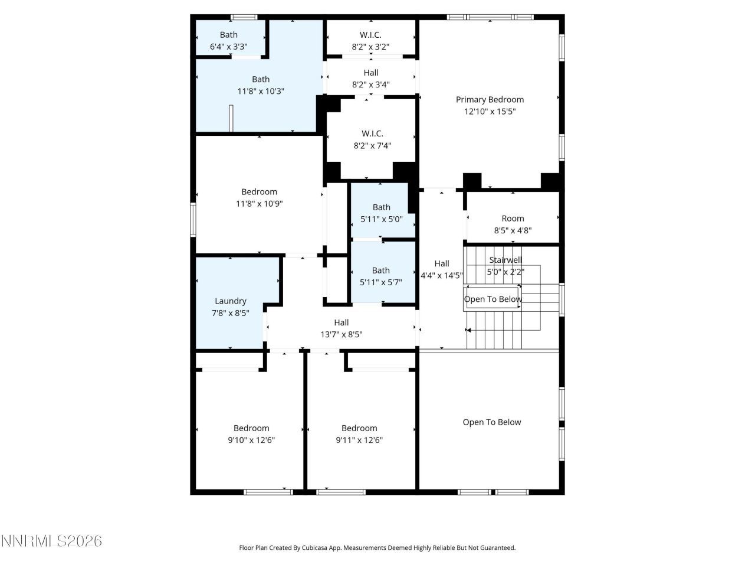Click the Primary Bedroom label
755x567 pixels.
pos(490,100)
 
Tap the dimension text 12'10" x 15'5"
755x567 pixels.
pos(490,112)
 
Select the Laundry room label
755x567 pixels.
pos(230,301)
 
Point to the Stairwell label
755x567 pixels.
pos(505,260)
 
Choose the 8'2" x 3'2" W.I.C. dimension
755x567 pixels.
pos(370,47)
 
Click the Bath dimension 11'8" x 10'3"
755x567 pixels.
pos(261,92)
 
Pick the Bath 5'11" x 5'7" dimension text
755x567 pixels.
pos(380,282)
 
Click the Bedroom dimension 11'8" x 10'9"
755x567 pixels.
pos(259,204)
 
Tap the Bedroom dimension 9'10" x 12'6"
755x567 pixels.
pos(251,440)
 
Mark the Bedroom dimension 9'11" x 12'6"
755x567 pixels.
pos(359,440)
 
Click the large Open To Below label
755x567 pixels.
pos(491,422)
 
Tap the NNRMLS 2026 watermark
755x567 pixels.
pos(51,541)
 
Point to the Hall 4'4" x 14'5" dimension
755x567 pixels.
pos(441,275)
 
